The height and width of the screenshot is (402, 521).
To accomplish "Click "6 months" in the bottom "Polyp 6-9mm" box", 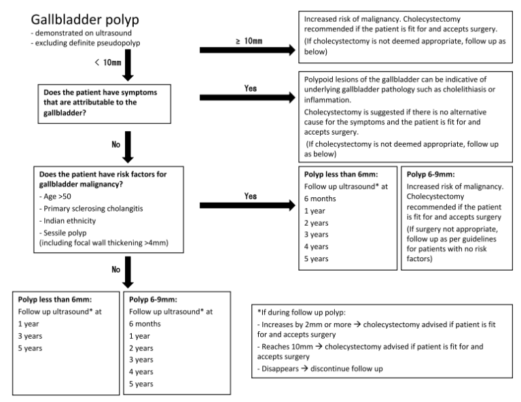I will pos(145,324).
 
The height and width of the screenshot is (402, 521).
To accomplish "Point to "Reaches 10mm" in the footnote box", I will pos(287,346).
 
